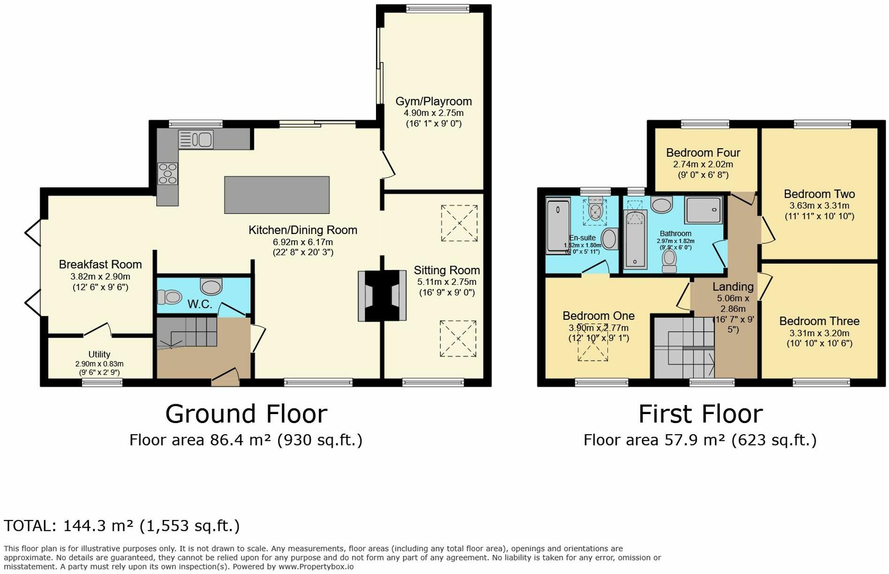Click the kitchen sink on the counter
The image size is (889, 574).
pyautogui.click(x=196, y=139)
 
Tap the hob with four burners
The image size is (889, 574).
pyautogui.click(x=167, y=174)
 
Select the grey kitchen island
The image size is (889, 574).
pyautogui.click(x=277, y=195)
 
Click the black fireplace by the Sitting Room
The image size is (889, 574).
pyautogui.click(x=382, y=295)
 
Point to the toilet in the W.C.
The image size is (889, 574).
pyautogui.click(x=169, y=297)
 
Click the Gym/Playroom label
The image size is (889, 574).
pyautogui.click(x=433, y=101)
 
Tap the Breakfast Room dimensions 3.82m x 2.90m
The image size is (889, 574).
pyautogui.click(x=100, y=277)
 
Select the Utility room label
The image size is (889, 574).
pyautogui.click(x=99, y=355)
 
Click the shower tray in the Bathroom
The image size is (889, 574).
pyautogui.click(x=703, y=210)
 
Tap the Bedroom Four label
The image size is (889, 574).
pyautogui.click(x=703, y=153)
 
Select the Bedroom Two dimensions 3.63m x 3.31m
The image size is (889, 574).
pyautogui.click(x=819, y=205)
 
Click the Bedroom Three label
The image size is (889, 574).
pyautogui.click(x=819, y=321)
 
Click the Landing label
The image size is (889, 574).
pyautogui.click(x=733, y=287)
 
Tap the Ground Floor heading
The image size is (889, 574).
pyautogui.click(x=246, y=414)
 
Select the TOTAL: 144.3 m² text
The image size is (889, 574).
pyautogui.click(x=121, y=526)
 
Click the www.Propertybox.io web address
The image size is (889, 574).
pyautogui.click(x=316, y=566)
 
